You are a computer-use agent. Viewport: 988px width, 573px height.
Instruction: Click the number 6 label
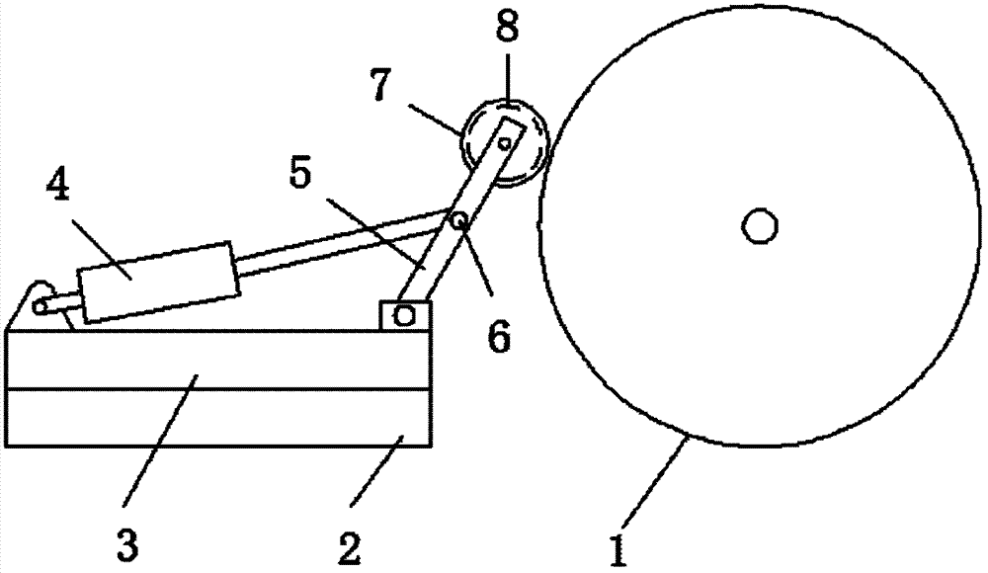(x=499, y=336)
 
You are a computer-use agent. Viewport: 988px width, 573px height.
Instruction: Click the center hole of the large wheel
(x=759, y=226)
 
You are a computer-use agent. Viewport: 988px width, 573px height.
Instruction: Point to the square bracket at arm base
(x=404, y=315)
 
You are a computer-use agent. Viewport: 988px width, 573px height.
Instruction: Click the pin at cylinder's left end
(x=40, y=307)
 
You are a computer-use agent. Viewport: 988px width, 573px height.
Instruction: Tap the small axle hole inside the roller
(x=505, y=144)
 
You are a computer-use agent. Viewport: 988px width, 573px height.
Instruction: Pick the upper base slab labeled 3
(x=217, y=359)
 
